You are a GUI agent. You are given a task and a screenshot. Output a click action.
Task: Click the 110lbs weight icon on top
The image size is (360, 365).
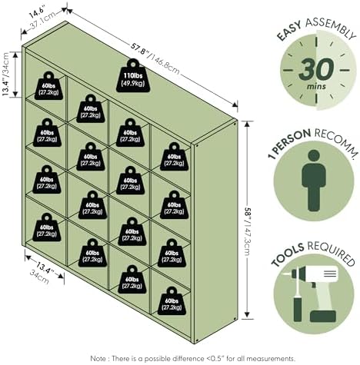pyautogui.click(x=133, y=76)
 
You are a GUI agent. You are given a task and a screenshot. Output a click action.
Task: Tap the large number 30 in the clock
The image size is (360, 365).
pyautogui.click(x=317, y=69)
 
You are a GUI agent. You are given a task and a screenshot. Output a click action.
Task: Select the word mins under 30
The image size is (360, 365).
pyautogui.click(x=317, y=86)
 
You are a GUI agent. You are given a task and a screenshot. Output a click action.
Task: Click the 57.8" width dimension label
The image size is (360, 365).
pyautogui.click(x=140, y=50)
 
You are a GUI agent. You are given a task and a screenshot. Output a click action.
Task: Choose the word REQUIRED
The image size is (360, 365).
pyautogui.click(x=332, y=253)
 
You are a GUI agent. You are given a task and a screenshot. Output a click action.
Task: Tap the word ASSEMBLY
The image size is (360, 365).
pyautogui.click(x=331, y=28)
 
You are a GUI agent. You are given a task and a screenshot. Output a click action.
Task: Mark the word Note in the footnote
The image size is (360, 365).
pyautogui.click(x=98, y=358)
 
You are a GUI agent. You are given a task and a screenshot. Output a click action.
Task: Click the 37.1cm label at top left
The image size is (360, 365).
pyautogui.click(x=42, y=19)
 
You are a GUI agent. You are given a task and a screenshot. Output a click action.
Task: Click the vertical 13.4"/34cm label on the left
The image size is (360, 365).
pyautogui.click(x=5, y=74)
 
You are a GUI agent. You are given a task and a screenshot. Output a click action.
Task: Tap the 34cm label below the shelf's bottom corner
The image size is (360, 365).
pyautogui.click(x=39, y=277)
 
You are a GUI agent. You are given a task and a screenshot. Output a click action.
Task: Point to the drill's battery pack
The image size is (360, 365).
pyautogui.click(x=322, y=316)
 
